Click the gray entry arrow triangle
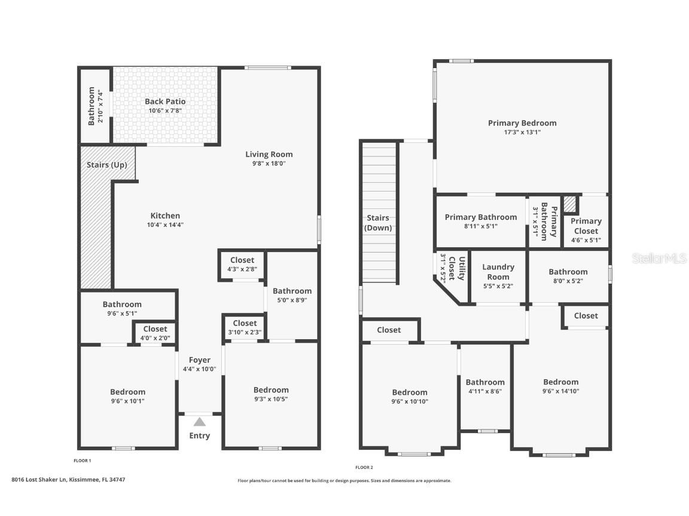point(200,422)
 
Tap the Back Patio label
point(165,102)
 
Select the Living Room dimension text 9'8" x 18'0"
point(269,163)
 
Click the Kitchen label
point(165,216)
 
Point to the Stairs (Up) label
point(107,165)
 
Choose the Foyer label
point(200,360)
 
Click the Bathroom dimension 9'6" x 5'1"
point(122,314)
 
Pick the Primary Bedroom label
point(523,123)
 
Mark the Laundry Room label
point(498,272)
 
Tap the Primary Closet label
point(586,226)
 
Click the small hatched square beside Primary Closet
point(570,204)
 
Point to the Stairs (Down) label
point(378,223)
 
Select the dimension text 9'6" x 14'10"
point(560,391)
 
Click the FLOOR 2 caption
point(364,467)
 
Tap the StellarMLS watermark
point(659,258)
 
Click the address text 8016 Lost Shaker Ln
point(39,480)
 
